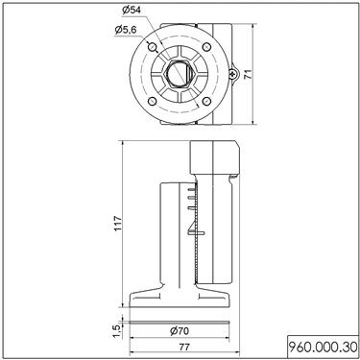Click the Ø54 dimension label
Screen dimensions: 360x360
point(132,10)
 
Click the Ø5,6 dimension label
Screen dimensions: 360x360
point(126,30)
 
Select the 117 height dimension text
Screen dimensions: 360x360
point(118,224)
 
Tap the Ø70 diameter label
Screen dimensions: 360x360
point(180,331)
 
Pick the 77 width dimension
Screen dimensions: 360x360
point(184,347)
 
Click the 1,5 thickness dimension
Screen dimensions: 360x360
point(117,331)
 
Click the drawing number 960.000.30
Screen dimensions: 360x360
point(323,347)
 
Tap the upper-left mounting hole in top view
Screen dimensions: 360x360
point(153,47)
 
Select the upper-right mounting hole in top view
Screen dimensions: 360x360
point(206,47)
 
